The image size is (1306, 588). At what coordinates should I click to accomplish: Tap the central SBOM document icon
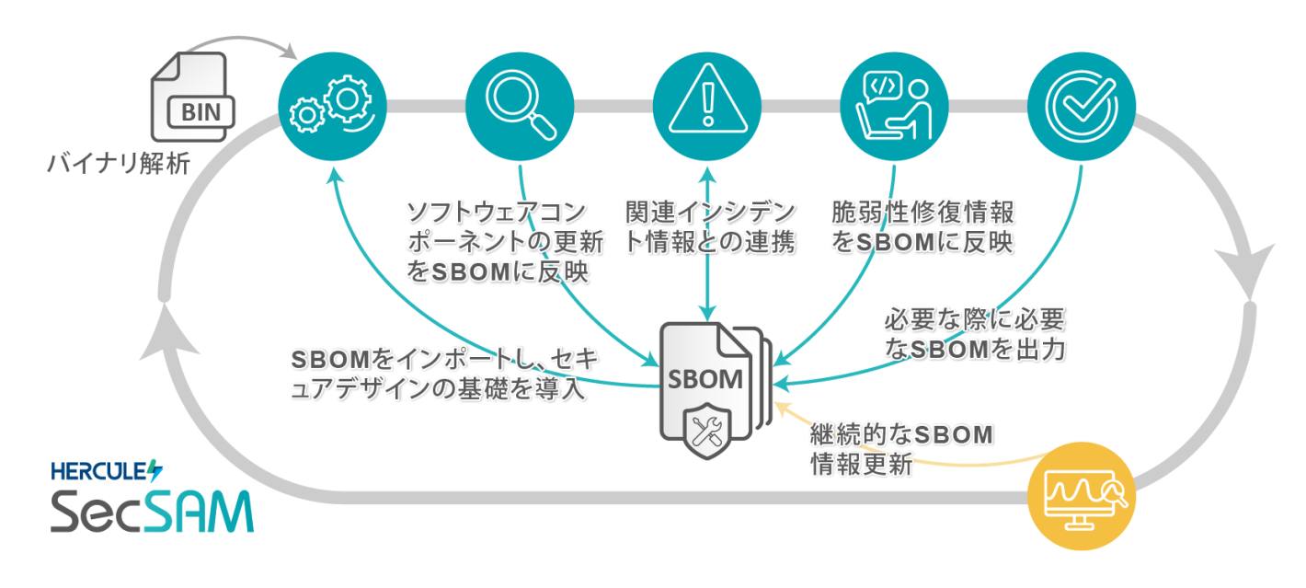(x=713, y=386)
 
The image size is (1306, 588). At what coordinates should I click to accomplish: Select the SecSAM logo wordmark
(x=152, y=512)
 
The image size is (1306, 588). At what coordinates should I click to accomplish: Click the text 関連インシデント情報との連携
(x=709, y=227)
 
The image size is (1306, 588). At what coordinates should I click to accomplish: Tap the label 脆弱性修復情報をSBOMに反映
(x=922, y=227)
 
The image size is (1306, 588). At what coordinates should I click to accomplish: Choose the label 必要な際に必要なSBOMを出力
(x=975, y=335)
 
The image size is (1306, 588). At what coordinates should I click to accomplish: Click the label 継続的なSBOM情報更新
(x=901, y=449)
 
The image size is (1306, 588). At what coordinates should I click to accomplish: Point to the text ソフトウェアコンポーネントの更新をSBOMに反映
(x=497, y=242)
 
